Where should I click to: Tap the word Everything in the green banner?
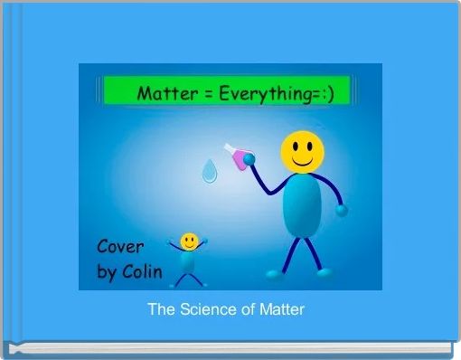point(262,92)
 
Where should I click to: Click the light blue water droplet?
point(209,170)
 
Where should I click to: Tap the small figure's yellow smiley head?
point(189,241)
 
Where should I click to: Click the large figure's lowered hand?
point(341,210)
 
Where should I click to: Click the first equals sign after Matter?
point(204,92)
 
